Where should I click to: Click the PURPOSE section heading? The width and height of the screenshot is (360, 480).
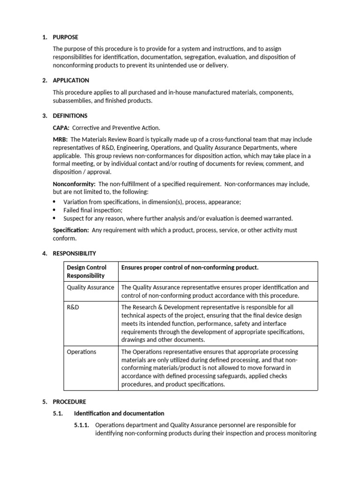65,37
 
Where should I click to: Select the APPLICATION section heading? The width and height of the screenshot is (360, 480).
71,80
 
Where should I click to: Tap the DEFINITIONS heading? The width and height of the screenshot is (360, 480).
70,115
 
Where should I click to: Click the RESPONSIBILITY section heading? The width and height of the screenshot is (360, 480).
74,253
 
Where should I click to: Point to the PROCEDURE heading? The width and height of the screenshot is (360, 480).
69,402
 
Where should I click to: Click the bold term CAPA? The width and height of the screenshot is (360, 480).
61,127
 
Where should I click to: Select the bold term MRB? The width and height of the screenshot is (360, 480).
60,140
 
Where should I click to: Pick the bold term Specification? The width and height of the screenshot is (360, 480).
71,230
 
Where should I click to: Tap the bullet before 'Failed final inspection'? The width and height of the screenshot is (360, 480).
54,210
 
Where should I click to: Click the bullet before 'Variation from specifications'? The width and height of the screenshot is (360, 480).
54,202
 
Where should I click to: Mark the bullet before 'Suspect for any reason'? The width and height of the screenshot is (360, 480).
54,218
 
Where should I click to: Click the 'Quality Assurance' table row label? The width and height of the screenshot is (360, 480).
90,287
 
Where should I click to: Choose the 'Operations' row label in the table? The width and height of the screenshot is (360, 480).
82,352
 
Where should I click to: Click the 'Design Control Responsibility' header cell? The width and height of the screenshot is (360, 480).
87,271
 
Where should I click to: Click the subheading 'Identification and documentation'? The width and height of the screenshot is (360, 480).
119,413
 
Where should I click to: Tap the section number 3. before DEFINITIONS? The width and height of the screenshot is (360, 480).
45,115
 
